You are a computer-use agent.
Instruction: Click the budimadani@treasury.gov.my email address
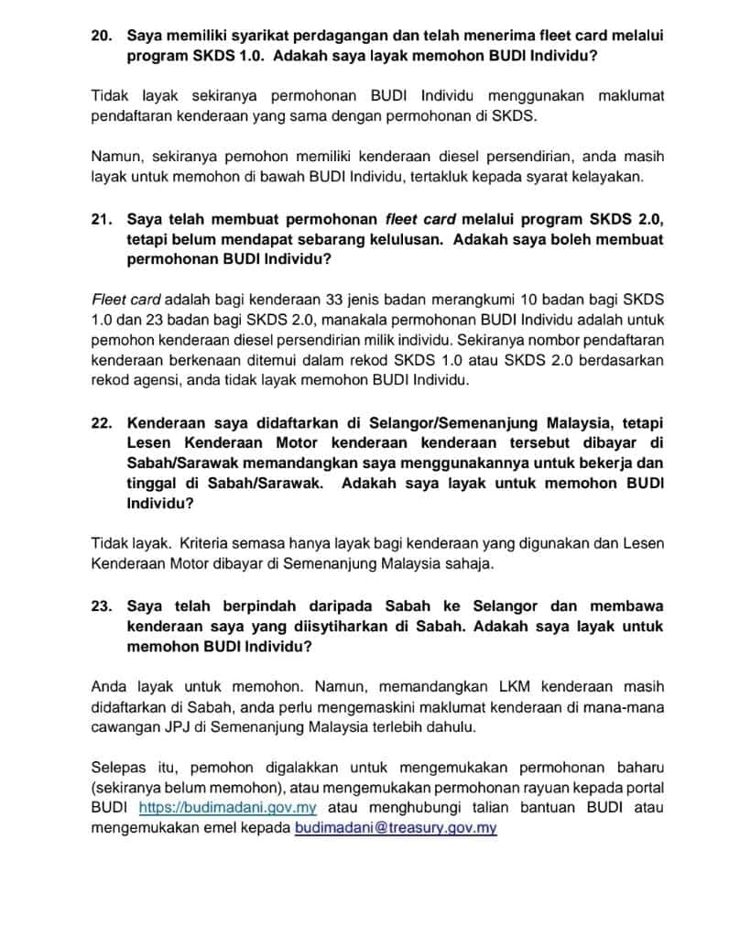point(396,828)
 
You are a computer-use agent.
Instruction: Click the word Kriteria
point(210,543)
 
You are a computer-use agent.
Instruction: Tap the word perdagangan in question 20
point(315,36)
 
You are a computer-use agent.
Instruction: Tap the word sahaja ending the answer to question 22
point(470,564)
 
